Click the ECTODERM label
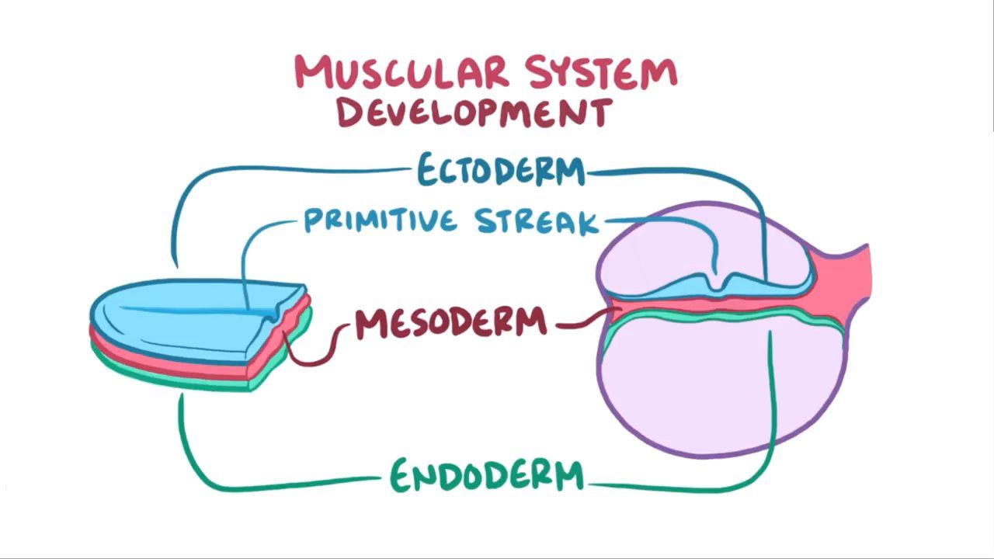(x=500, y=170)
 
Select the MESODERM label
(x=451, y=323)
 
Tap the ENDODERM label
(x=486, y=475)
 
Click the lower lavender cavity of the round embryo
(x=699, y=388)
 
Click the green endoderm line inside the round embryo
(x=699, y=318)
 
